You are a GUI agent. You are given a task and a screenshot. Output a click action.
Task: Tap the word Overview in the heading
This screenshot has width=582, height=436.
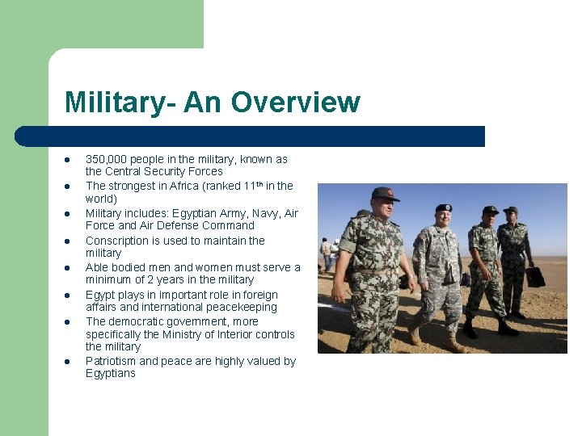(295, 103)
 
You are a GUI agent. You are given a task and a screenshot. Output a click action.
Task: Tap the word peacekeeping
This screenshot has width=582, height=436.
(239, 307)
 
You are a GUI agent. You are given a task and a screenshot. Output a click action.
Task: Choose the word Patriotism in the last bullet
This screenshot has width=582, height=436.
(111, 361)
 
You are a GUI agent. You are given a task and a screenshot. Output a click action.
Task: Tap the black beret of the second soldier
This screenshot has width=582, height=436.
(443, 208)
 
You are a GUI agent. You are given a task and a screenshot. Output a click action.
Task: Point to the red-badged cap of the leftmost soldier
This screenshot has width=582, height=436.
(386, 194)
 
